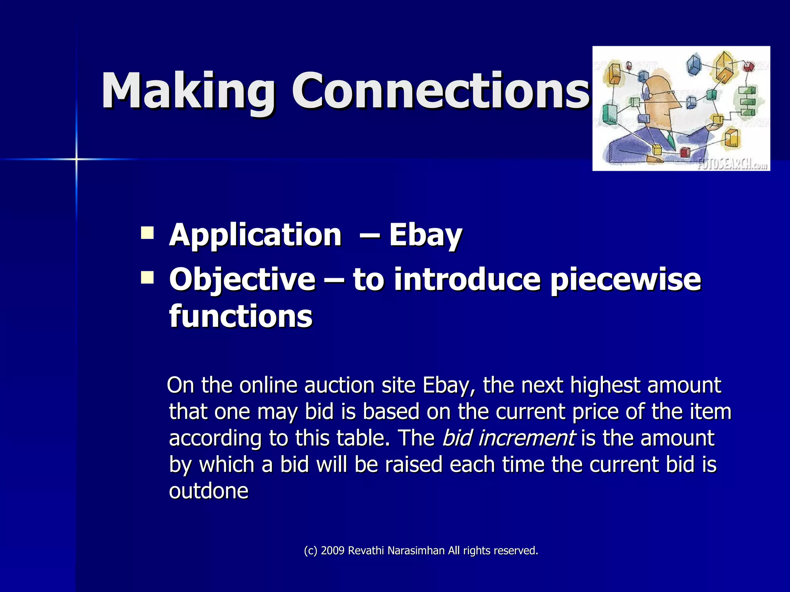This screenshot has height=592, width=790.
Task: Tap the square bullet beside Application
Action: coord(147,233)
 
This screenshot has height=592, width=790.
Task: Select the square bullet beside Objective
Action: coord(147,277)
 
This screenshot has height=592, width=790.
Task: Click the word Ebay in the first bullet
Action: coord(425,235)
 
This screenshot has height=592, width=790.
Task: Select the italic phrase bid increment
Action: coord(508,438)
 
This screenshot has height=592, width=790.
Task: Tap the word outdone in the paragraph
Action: coord(208,491)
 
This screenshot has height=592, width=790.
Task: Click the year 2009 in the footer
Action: coord(332,550)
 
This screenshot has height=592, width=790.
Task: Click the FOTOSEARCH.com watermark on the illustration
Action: coord(732,164)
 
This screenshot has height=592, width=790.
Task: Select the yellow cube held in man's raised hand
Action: coord(717,119)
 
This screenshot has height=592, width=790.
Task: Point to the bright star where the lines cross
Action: coord(76,159)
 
